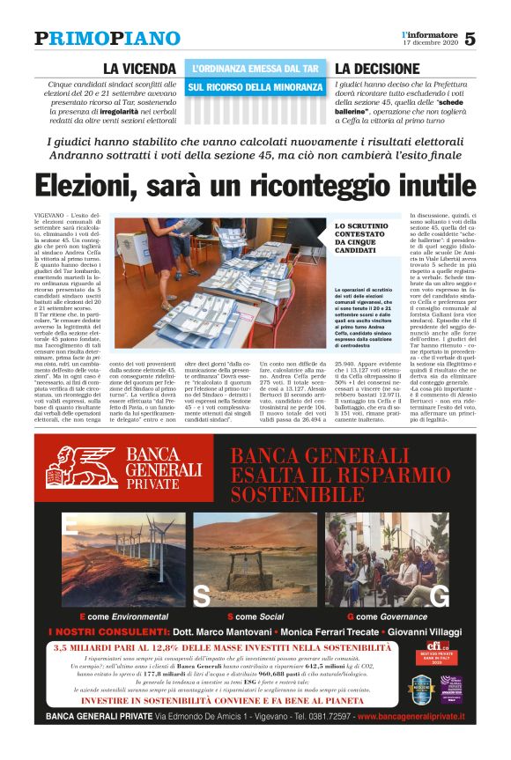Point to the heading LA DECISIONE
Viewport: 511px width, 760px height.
tap(377, 69)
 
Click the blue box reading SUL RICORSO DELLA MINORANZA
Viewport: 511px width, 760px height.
tap(255, 87)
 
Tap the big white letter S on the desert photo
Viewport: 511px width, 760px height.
tap(202, 595)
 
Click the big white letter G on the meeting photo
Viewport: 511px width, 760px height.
tap(437, 595)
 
